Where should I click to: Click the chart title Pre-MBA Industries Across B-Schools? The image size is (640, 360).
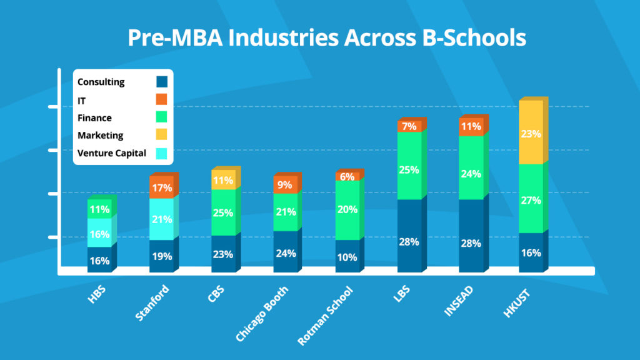[326, 38]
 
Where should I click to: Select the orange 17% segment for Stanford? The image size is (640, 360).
[161, 187]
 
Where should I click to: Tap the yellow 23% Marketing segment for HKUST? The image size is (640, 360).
[531, 132]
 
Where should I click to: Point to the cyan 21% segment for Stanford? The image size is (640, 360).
[161, 219]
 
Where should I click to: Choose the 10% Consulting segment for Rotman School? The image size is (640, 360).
[347, 256]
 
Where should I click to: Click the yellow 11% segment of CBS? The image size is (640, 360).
[223, 181]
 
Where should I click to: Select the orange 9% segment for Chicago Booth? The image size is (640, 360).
[285, 185]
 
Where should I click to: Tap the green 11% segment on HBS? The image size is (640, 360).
[99, 209]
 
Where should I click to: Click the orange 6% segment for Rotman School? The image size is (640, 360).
[347, 176]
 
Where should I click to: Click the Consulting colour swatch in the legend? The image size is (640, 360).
[162, 82]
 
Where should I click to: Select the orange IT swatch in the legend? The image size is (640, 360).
[162, 99]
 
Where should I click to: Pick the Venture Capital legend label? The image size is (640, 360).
[112, 153]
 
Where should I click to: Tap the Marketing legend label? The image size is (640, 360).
[101, 135]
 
